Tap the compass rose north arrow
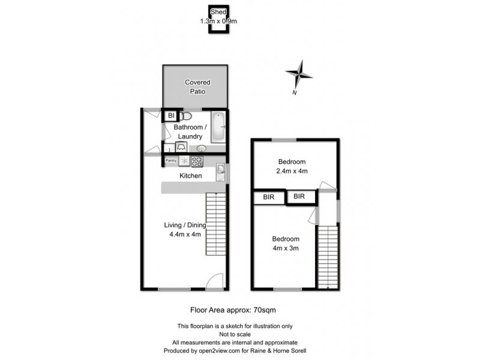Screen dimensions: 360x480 (299, 74)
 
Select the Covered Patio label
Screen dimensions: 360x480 (197, 86)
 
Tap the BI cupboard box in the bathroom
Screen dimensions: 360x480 (170, 115)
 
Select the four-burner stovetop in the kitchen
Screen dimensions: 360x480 (197, 161)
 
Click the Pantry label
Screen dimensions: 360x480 (170, 161)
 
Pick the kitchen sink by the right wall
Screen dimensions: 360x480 (220, 172)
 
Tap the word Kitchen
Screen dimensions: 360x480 (191, 176)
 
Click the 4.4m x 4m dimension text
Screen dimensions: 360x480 (185, 234)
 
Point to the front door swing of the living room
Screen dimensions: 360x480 (213, 281)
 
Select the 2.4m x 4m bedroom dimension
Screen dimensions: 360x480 (292, 171)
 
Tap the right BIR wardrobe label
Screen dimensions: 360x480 (299, 196)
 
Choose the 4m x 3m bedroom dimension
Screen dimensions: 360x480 (285, 247)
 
